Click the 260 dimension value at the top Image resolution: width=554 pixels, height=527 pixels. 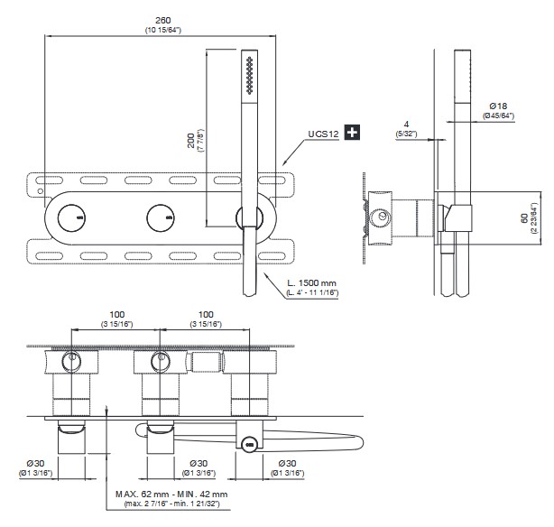point(162,20)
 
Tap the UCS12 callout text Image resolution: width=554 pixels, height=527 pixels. point(322,134)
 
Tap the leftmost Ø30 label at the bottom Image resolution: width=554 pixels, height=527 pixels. point(36,463)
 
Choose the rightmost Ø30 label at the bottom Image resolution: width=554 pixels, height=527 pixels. point(286,463)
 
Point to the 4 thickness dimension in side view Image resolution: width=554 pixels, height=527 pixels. point(408,124)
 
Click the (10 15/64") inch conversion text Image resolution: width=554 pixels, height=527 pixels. point(162,31)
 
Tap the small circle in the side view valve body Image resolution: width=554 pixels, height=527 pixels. point(383,217)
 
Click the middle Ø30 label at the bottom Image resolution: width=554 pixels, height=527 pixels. point(202,463)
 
